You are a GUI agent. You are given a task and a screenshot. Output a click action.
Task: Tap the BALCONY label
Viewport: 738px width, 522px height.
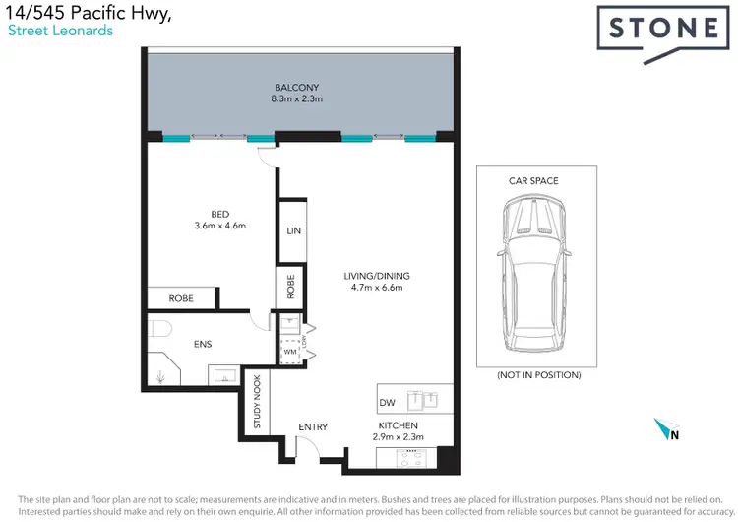pyautogui.click(x=295, y=86)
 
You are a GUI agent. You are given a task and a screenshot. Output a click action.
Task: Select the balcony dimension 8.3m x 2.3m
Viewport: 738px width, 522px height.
pyautogui.click(x=295, y=98)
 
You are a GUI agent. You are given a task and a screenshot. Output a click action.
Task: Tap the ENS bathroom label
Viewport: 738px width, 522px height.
pyautogui.click(x=202, y=345)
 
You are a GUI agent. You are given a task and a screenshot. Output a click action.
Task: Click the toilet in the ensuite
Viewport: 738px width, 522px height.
pyautogui.click(x=160, y=329)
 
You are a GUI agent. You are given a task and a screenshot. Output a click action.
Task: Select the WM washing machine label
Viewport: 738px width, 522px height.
pyautogui.click(x=290, y=351)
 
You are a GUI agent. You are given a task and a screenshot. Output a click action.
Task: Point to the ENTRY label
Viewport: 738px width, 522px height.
pyautogui.click(x=313, y=426)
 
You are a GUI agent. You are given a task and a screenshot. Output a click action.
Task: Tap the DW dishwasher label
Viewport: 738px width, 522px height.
pyautogui.click(x=389, y=403)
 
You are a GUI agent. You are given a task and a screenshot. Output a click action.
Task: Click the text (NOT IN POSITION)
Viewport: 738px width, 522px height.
pyautogui.click(x=538, y=375)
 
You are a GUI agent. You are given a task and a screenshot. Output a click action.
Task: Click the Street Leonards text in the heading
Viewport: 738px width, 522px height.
pyautogui.click(x=60, y=31)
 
